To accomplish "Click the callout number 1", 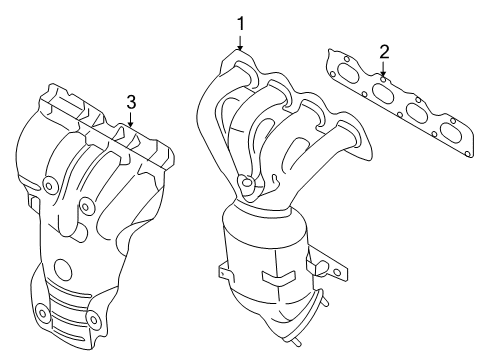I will point(240,22).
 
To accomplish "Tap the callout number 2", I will point(384,51).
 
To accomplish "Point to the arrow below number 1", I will point(240,43).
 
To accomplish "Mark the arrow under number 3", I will point(131,123).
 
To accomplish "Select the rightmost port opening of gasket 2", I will point(453,131).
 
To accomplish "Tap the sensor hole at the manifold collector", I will point(245,182).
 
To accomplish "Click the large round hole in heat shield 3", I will point(64,269).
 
